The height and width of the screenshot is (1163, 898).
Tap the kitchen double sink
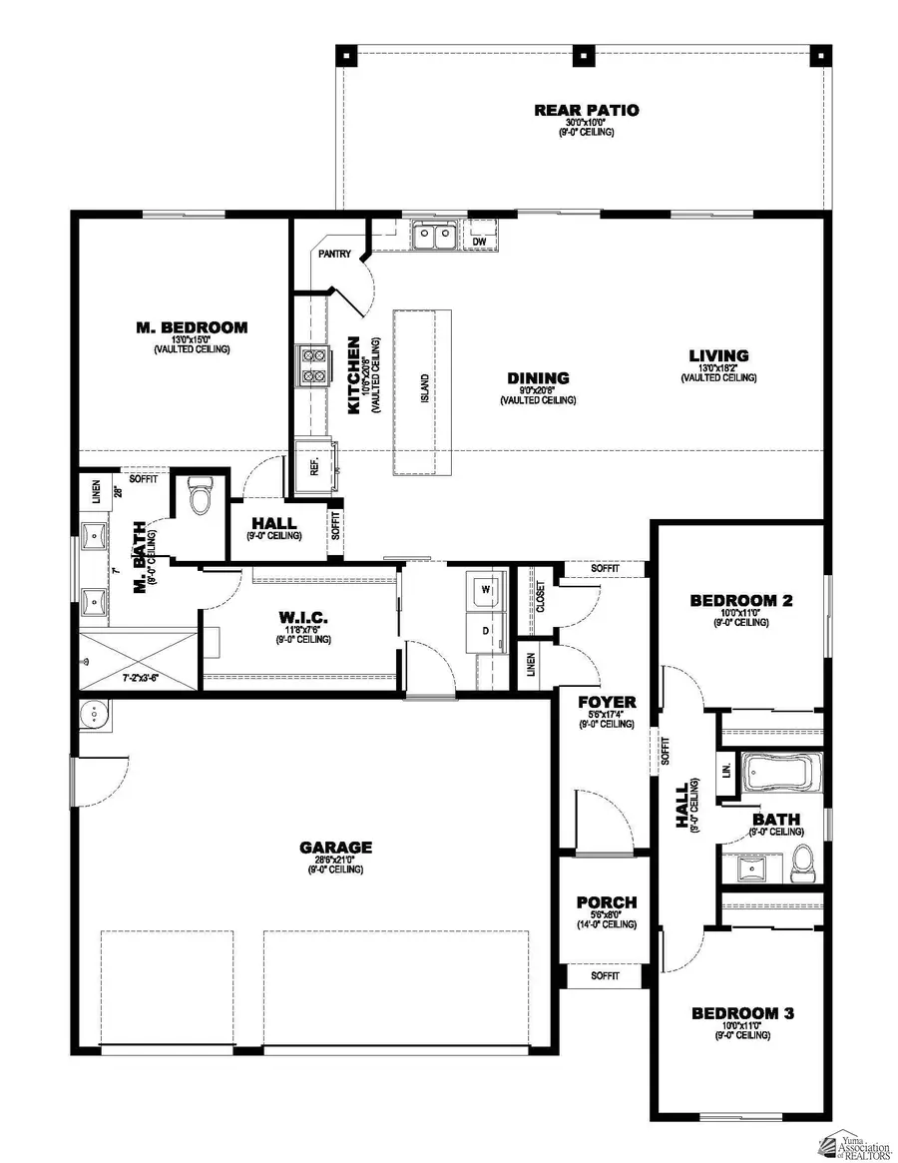(435, 237)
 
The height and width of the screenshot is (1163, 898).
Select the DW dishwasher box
(479, 241)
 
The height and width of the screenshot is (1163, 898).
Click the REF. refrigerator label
(313, 467)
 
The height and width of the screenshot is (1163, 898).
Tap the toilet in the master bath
(200, 497)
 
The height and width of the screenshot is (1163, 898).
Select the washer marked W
(487, 589)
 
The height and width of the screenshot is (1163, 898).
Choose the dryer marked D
(487, 631)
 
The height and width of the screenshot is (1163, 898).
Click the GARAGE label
(335, 848)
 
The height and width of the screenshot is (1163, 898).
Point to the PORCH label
(607, 902)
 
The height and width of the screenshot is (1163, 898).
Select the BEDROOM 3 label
(743, 1013)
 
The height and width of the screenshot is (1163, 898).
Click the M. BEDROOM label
(192, 326)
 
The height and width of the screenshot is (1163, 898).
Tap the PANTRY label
(334, 255)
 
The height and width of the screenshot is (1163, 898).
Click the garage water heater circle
(95, 714)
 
